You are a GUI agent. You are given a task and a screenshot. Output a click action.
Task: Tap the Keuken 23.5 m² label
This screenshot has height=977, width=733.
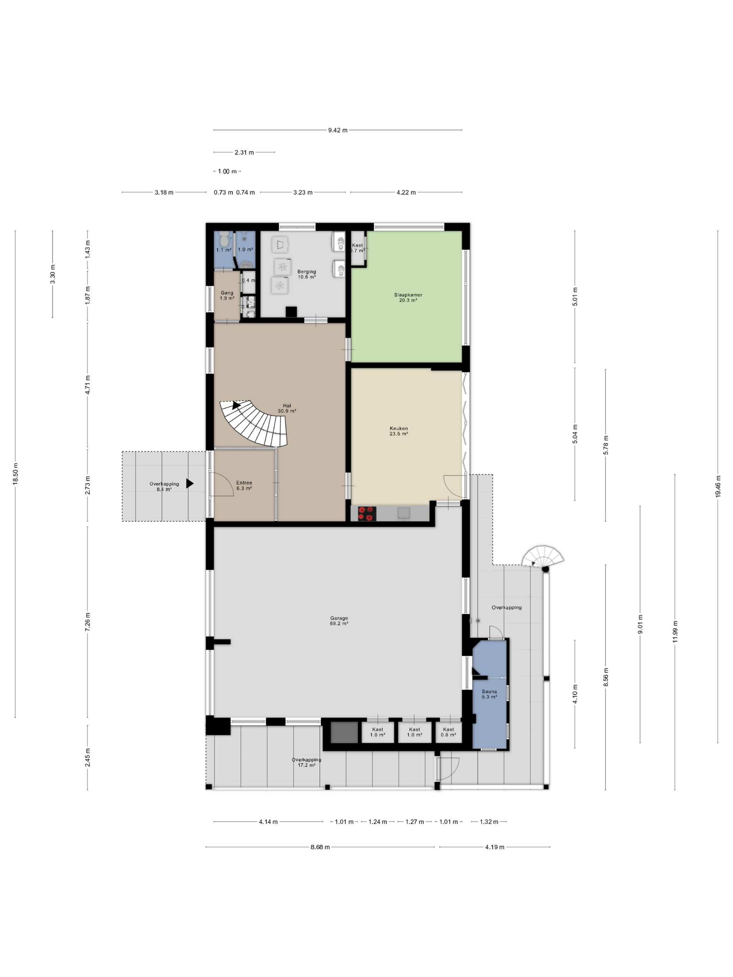399,431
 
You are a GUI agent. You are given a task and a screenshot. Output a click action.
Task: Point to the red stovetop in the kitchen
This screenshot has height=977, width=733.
367,513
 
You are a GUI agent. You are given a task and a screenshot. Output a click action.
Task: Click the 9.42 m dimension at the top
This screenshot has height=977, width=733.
338,130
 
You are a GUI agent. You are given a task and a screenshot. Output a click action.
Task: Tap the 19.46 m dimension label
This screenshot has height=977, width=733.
718,487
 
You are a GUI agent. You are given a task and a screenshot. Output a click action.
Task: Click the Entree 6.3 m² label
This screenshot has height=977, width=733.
244,485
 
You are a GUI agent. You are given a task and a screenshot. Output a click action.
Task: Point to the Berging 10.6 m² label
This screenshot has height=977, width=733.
306,274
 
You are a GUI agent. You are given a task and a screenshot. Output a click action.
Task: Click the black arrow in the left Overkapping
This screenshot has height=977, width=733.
190,483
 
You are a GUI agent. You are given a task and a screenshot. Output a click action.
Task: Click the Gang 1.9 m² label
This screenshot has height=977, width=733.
227,296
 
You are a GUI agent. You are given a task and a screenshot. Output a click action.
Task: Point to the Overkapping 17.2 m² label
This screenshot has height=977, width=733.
306,771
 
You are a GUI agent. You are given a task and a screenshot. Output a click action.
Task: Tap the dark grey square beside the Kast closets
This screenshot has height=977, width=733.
344,732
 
